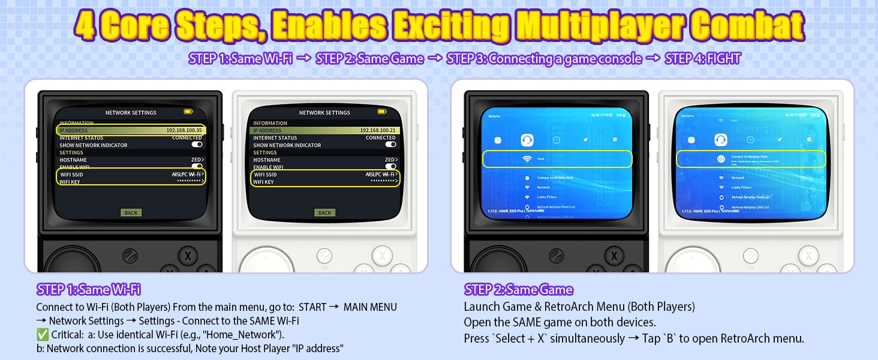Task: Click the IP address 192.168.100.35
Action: [184, 130]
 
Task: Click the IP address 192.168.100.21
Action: [378, 130]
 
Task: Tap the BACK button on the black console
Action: [131, 212]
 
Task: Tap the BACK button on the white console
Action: [324, 212]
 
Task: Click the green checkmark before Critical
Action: [41, 334]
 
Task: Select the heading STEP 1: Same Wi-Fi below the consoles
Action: [88, 289]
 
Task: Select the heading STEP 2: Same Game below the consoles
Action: [518, 290]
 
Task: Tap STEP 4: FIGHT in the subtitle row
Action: [702, 59]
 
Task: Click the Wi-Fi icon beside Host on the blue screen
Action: [527, 159]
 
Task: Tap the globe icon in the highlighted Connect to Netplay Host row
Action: [721, 159]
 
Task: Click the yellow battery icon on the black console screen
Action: [189, 112]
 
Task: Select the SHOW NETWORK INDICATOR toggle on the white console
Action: [390, 145]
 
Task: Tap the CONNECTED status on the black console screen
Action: [187, 137]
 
